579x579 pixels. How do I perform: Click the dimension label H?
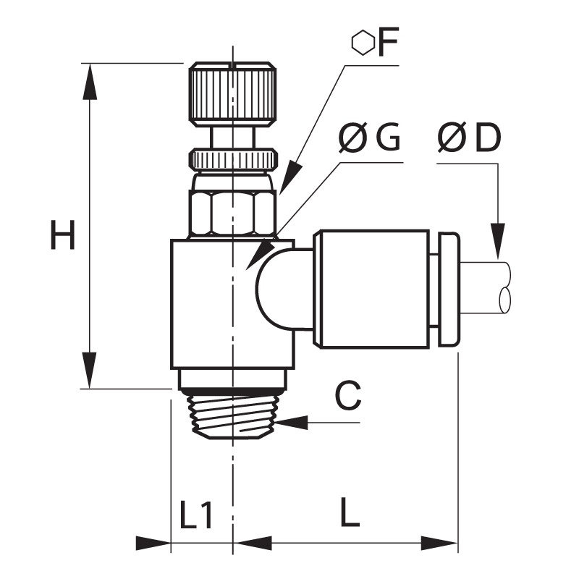point(63,234)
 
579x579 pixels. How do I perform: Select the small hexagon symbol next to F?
point(363,43)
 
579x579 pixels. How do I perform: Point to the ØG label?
point(369,138)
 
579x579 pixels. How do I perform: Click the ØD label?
point(469,138)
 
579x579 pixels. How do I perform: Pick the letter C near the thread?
point(348,395)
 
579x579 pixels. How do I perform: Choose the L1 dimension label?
point(196,515)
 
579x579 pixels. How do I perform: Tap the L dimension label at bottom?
point(350,512)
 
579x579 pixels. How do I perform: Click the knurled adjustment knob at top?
point(232,93)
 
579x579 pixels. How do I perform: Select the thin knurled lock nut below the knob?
point(233,159)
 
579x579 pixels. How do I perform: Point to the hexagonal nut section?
point(232,213)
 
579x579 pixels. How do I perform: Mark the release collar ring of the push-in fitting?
point(449,289)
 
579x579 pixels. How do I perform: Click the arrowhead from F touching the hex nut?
point(291,177)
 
